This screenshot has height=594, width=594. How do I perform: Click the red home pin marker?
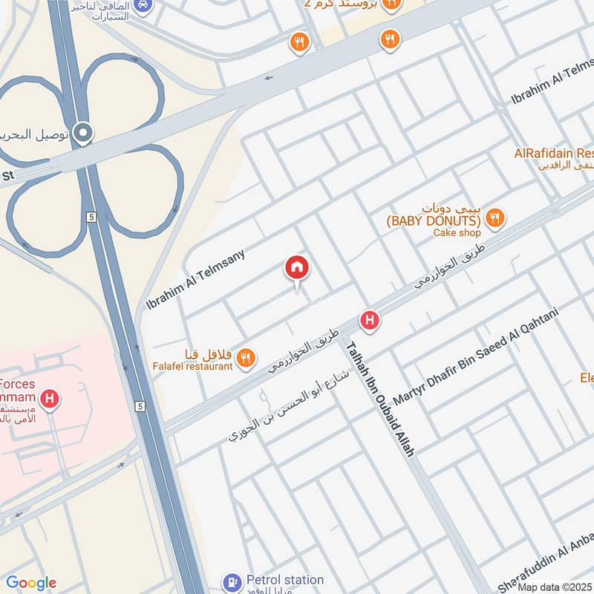[x=297, y=268]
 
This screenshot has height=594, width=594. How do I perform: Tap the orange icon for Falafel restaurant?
[x=246, y=360]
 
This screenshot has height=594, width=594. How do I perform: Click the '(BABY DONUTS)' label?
[x=432, y=221]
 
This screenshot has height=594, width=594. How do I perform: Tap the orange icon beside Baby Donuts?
[x=495, y=218]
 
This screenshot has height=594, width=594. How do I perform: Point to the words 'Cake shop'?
[x=457, y=233]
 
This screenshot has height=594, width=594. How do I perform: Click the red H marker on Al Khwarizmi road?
[x=369, y=321]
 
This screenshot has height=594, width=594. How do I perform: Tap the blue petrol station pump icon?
[x=232, y=581]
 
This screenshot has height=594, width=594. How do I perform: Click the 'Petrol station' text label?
[x=285, y=579]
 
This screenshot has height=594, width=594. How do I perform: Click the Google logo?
[x=30, y=583]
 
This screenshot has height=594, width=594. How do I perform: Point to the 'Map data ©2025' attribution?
[x=554, y=587]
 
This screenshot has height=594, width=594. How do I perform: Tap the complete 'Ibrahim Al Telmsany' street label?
[x=195, y=279]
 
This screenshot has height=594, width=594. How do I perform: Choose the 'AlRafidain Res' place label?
[x=553, y=154]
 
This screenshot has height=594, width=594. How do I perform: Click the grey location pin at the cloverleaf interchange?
[x=84, y=132]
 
